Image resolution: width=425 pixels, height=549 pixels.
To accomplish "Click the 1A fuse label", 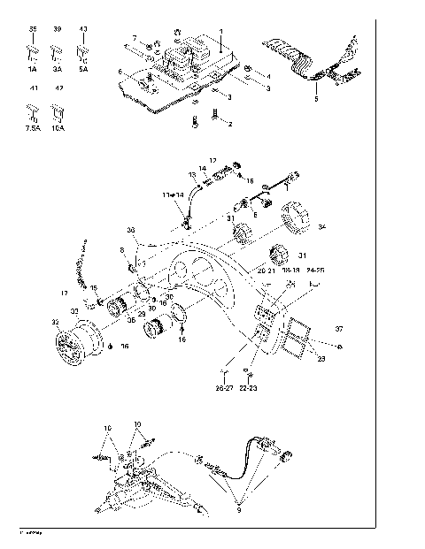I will pyautogui.click(x=33, y=68).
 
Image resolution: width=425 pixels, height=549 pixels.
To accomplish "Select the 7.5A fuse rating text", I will pyautogui.click(x=33, y=128).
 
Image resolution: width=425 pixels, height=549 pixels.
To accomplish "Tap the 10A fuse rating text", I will pyautogui.click(x=58, y=128).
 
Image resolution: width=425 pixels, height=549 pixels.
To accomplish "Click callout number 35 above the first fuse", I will pyautogui.click(x=33, y=29).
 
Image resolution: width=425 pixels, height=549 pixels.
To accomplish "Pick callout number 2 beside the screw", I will pyautogui.click(x=229, y=123).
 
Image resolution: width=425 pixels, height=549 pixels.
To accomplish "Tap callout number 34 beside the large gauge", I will pyautogui.click(x=321, y=227).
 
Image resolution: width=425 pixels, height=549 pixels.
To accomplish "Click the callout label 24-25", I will pyautogui.click(x=314, y=268).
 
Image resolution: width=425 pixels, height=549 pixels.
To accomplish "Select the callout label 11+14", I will pyautogui.click(x=173, y=193).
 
